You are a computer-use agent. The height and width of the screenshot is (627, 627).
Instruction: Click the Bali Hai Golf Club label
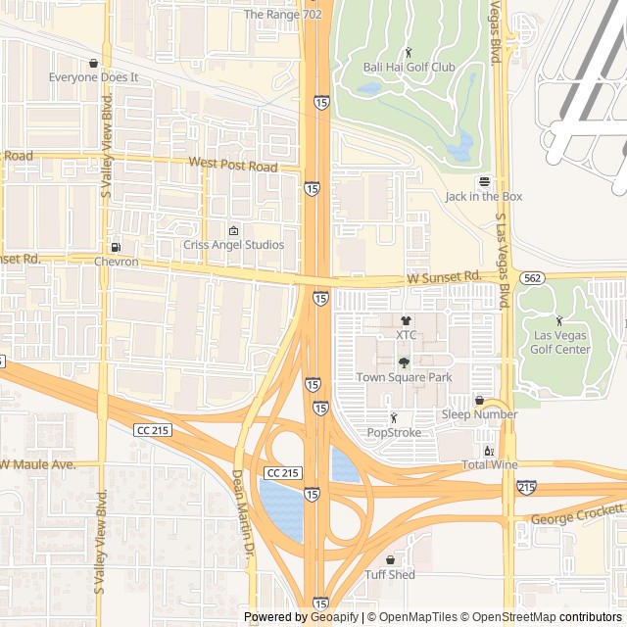click(410, 67)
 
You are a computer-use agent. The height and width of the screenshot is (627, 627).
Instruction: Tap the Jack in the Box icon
click(483, 181)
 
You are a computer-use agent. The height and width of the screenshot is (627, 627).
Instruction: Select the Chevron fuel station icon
click(117, 247)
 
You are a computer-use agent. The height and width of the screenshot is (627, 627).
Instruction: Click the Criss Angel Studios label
click(234, 245)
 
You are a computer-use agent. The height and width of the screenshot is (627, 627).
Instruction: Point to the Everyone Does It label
click(94, 76)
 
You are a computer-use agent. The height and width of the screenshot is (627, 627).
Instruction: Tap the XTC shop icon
click(407, 319)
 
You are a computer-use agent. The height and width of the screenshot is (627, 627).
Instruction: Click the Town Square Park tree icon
click(404, 362)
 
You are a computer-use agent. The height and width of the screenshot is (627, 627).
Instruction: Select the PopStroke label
click(394, 432)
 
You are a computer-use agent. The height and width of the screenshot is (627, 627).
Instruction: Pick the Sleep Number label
click(479, 414)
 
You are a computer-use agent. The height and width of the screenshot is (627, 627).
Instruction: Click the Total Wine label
click(489, 464)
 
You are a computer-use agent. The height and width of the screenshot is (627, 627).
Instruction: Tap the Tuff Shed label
click(390, 575)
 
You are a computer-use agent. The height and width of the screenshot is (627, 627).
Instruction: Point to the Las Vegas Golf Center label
click(560, 343)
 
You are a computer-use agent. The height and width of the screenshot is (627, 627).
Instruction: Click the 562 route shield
click(532, 277)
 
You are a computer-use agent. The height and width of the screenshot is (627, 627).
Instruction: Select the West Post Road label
click(233, 165)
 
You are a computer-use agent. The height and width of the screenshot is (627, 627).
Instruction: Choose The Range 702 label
click(282, 15)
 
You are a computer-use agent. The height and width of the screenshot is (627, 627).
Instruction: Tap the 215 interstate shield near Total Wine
click(526, 486)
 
